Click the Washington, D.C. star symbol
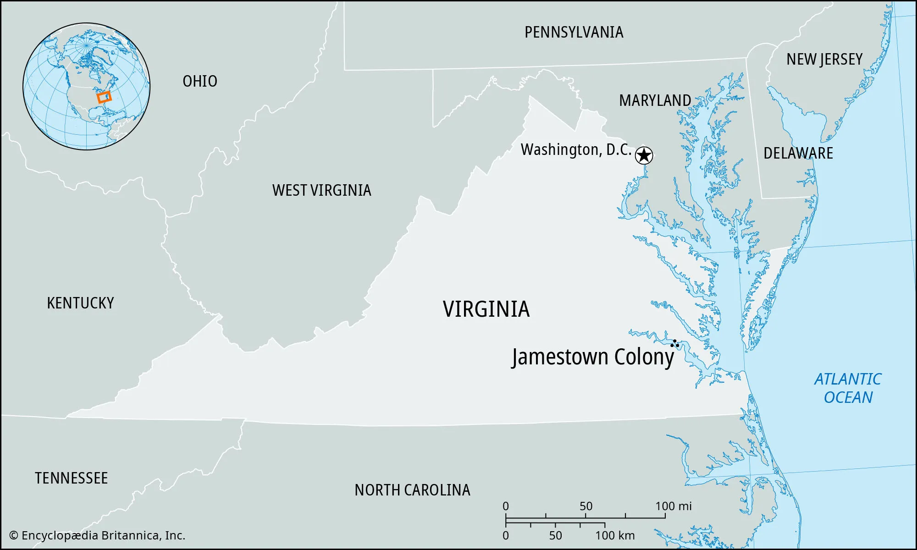tap(644, 155)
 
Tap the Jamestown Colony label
tap(593, 357)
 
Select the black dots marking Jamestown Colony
tap(675, 343)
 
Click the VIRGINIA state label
tap(486, 309)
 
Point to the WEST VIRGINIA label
tap(321, 190)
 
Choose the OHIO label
tap(200, 81)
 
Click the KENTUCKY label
tap(80, 303)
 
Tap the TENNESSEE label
tap(71, 478)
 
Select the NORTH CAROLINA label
tap(412, 490)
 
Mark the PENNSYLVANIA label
tap(574, 32)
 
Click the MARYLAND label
tap(655, 100)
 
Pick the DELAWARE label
tap(798, 153)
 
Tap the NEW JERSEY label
tap(824, 59)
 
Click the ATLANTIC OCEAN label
tap(848, 388)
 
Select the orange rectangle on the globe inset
tap(104, 97)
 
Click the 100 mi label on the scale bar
tap(673, 506)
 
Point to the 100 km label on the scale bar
tap(615, 535)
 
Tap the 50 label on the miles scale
tap(586, 506)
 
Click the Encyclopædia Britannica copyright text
tap(97, 535)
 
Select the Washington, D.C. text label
tap(576, 150)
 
